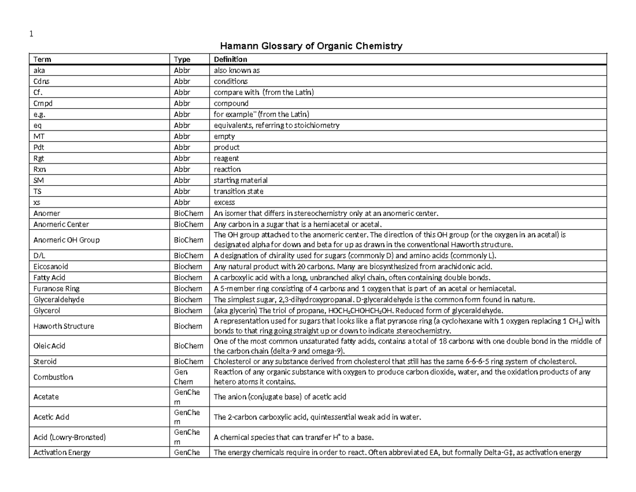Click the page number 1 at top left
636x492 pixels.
31,34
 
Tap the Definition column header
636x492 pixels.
230,59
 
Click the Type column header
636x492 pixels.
182,59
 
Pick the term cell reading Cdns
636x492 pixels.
42,81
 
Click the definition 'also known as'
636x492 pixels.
236,70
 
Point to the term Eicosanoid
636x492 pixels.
50,266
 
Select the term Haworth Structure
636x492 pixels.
64,326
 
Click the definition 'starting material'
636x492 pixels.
240,180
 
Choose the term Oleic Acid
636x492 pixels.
49,346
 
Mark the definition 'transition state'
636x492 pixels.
238,191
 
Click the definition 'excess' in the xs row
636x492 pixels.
224,202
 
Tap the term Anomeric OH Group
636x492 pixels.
66,239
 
